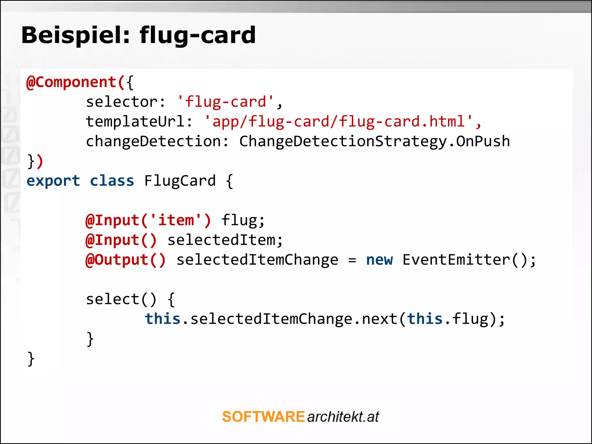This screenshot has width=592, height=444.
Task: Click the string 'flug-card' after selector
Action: (x=225, y=102)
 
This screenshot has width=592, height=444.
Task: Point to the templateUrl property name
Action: (x=135, y=121)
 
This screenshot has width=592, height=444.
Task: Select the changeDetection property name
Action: (x=153, y=141)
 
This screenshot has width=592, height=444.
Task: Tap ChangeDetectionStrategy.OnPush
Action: (x=374, y=141)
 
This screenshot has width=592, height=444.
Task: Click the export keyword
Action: (x=53, y=181)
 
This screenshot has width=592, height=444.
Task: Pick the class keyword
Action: (x=112, y=181)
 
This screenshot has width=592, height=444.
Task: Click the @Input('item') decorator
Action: (x=148, y=220)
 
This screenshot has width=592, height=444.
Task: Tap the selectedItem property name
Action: (x=221, y=240)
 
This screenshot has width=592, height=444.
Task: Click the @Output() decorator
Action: (x=126, y=260)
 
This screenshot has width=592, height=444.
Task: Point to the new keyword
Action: (x=379, y=260)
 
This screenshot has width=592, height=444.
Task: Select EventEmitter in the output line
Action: (x=456, y=260)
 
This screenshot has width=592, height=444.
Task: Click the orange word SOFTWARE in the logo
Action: (x=263, y=417)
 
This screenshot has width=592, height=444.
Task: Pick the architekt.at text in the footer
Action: (x=343, y=417)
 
